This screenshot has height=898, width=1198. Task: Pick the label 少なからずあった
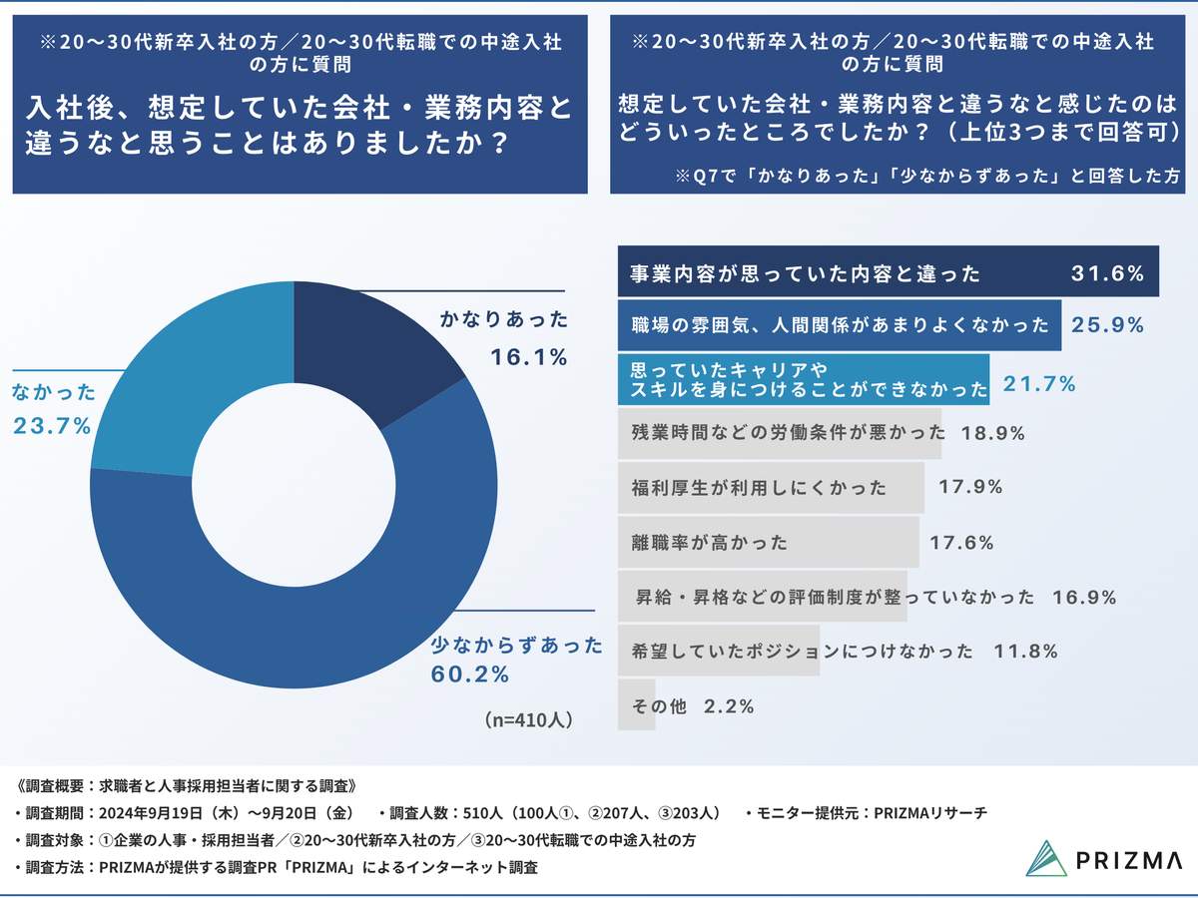(x=517, y=646)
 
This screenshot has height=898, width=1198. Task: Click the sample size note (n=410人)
(x=529, y=718)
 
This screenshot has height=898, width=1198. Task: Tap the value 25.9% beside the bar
(x=1107, y=325)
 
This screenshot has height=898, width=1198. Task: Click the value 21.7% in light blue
(x=1038, y=383)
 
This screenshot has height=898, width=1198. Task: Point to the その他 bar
(x=636, y=705)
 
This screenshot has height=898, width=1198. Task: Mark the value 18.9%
(x=993, y=434)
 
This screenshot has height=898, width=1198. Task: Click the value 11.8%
(x=1025, y=652)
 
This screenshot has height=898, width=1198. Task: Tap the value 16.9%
(x=1083, y=598)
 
